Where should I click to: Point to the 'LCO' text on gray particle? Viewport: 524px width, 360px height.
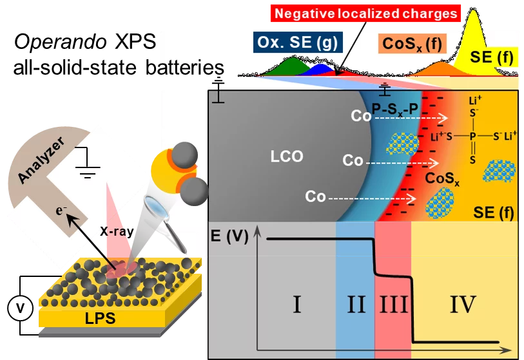(286, 156)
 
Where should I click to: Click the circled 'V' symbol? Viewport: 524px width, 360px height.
(20, 308)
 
